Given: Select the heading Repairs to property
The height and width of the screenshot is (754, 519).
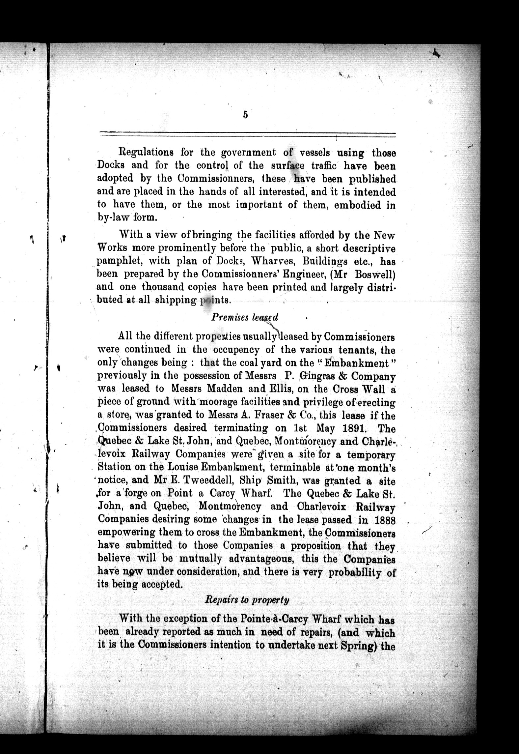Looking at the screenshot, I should click(247, 600).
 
